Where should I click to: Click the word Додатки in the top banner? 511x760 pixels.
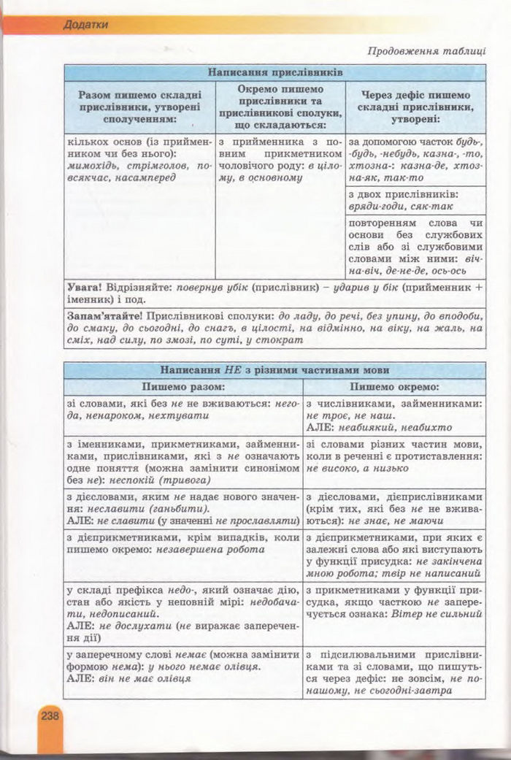[85, 25]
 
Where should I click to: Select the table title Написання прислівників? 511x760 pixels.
[274, 72]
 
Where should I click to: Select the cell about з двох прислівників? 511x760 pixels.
[414, 201]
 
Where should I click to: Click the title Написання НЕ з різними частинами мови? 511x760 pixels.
[274, 370]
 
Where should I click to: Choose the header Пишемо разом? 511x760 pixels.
[182, 386]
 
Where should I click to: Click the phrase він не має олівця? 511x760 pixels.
[144, 678]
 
